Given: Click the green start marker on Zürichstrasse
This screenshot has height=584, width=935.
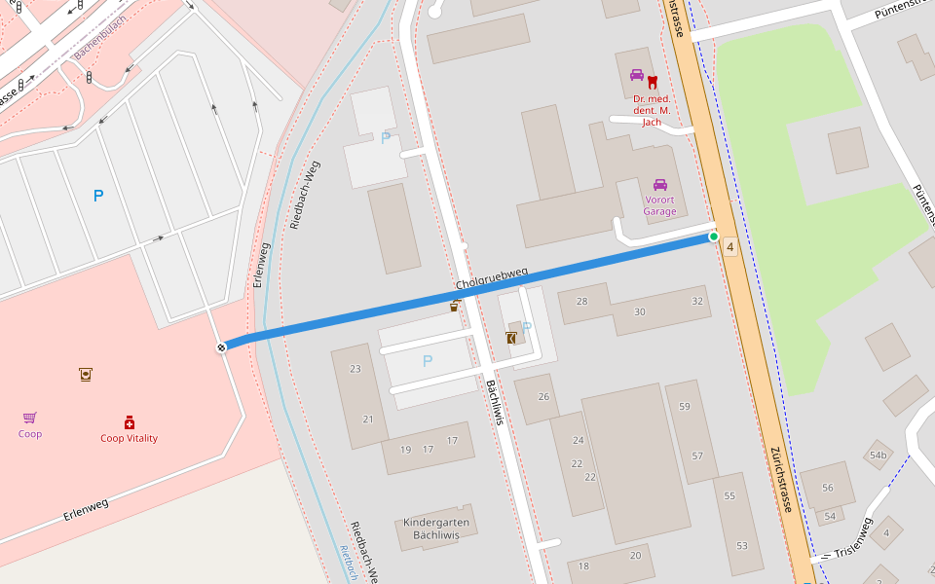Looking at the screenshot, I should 714,237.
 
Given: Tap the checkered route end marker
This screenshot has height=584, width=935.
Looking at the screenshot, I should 222,347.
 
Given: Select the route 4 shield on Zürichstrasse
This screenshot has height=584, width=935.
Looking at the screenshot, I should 730,247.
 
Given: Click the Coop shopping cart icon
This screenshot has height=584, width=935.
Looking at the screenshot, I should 30,418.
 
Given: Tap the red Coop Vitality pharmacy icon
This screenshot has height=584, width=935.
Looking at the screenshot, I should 129,422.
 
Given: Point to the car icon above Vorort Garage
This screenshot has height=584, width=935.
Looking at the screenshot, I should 659,185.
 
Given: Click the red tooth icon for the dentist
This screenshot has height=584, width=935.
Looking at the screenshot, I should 653,83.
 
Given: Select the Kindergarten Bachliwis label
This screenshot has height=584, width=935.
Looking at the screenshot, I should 436,529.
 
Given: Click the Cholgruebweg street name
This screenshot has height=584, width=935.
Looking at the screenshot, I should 492,278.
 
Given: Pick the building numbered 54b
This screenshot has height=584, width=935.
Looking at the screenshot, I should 879,455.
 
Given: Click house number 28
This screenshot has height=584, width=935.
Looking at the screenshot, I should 582,302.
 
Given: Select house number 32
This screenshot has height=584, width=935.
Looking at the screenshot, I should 696,301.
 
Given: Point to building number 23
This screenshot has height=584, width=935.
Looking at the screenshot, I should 355,369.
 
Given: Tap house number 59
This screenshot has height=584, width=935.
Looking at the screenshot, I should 685,407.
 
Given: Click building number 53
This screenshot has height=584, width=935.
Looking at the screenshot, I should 742,546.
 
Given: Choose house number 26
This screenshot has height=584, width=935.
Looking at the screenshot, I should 543,396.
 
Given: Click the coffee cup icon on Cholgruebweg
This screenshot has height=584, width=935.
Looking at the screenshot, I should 454,307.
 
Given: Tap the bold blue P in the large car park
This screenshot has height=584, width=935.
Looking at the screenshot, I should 97,196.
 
